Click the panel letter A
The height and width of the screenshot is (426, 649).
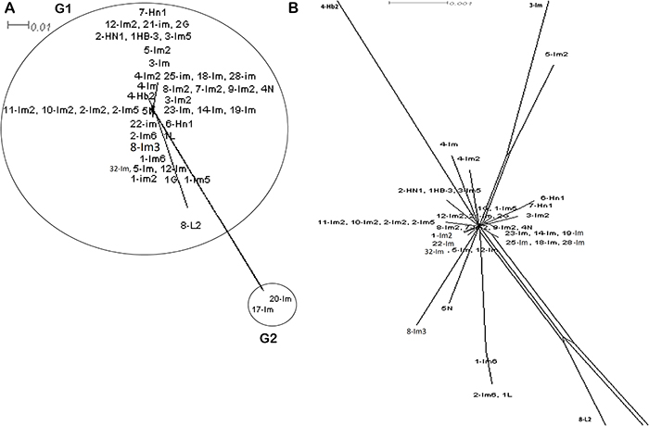(x=6, y=8)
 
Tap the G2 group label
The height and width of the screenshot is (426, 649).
(x=269, y=339)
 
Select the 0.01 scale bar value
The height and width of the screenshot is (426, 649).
(x=39, y=26)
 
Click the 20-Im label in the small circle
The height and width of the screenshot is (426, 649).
(x=280, y=299)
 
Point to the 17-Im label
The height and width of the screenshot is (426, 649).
(x=263, y=310)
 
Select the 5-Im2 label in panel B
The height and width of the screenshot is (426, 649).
(x=556, y=54)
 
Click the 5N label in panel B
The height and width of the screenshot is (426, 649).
(x=447, y=307)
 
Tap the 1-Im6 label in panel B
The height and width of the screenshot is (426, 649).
(x=487, y=361)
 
